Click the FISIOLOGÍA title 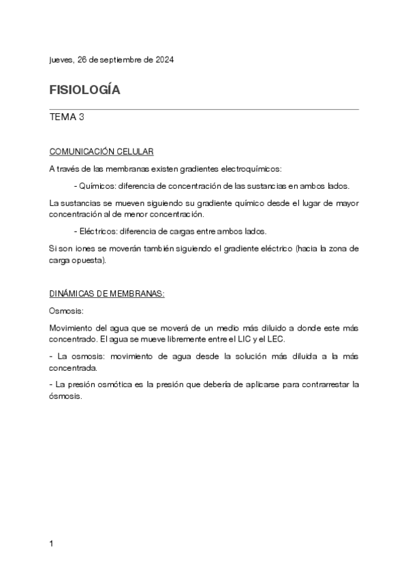(x=84, y=90)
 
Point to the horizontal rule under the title (x=204, y=109)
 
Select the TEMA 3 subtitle (x=67, y=117)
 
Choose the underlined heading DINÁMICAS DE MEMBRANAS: (x=108, y=294)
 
